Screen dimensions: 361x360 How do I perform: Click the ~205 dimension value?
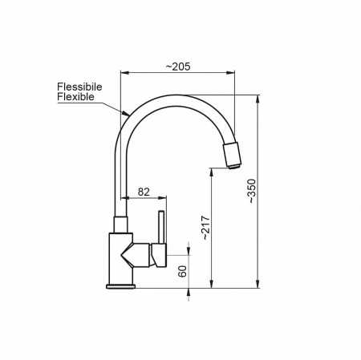pos(178,67)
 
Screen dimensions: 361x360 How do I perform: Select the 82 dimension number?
pos(144,192)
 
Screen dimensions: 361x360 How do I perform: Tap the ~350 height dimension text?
pos(252,191)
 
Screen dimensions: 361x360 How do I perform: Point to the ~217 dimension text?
pos(206,228)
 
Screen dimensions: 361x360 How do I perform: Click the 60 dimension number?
pos(182,271)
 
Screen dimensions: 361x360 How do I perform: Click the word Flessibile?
pos(79,87)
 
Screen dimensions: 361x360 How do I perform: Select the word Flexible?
pos(75,96)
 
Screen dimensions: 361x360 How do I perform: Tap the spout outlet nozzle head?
pos(232,156)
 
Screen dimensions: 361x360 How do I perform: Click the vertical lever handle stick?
pos(161,228)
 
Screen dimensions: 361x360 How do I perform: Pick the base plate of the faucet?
pos(120,287)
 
